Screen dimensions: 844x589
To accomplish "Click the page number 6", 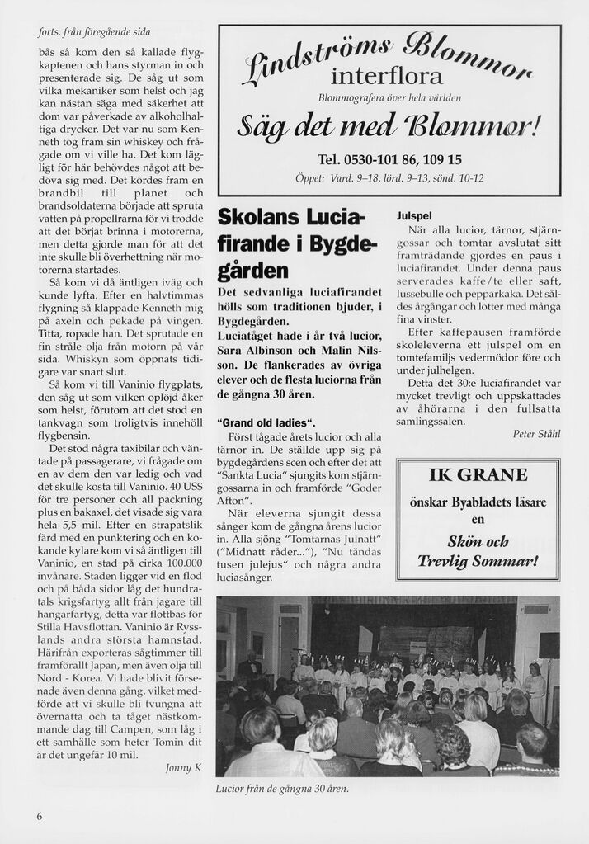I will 40,816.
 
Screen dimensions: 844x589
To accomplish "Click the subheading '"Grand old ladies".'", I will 266,422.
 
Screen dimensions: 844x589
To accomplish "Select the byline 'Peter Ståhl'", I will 535,434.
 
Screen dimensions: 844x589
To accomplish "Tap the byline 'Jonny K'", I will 183,767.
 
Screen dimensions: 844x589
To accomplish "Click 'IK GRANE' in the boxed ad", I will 478,475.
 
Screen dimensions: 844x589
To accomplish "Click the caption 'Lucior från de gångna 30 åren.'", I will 282,789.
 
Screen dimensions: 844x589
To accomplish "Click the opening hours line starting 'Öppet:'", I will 389,178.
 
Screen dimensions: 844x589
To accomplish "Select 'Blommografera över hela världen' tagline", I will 388,98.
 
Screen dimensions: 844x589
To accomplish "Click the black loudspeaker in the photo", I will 549,644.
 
